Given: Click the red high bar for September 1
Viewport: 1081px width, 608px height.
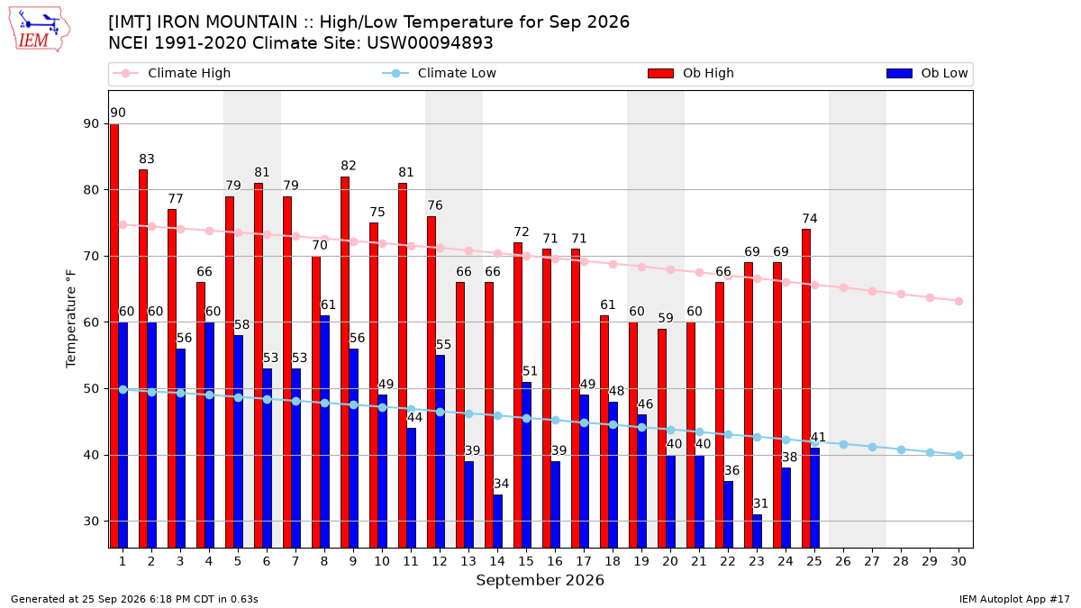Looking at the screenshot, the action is [x=114, y=336].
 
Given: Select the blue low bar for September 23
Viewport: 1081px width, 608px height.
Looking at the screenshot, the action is [x=758, y=531].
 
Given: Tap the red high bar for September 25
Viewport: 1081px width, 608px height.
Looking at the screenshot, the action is [x=806, y=388].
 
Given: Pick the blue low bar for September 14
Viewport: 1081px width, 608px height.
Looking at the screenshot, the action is [x=497, y=522].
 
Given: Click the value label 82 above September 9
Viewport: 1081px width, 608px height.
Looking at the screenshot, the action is [x=349, y=166].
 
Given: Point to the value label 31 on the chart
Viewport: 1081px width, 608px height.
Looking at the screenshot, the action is [x=760, y=504].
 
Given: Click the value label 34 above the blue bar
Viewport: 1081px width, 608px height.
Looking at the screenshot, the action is [x=501, y=484].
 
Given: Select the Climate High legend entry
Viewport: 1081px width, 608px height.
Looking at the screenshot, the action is [x=171, y=73].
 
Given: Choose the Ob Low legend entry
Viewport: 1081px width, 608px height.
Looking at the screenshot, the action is [x=927, y=73].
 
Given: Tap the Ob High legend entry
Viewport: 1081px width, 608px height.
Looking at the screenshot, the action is [x=691, y=73].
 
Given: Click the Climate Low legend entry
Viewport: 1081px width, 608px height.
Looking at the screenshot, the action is [x=439, y=73].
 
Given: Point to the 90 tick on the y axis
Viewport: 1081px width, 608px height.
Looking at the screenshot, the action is [x=91, y=124].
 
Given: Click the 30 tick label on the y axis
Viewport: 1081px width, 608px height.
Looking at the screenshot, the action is [x=91, y=522].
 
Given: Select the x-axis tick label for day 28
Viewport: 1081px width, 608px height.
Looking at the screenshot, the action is [x=901, y=561].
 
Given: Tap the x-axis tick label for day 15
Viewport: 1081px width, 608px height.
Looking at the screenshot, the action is [x=526, y=561].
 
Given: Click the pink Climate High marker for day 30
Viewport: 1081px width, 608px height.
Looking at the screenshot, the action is [x=958, y=301].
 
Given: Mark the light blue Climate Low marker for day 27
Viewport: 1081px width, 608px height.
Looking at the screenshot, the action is [x=873, y=448].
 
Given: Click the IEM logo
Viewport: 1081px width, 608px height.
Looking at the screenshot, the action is [x=40, y=30].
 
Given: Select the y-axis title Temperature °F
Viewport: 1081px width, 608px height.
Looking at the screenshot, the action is [x=71, y=320].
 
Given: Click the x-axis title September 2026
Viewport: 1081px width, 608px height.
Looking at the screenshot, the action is [x=540, y=580].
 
